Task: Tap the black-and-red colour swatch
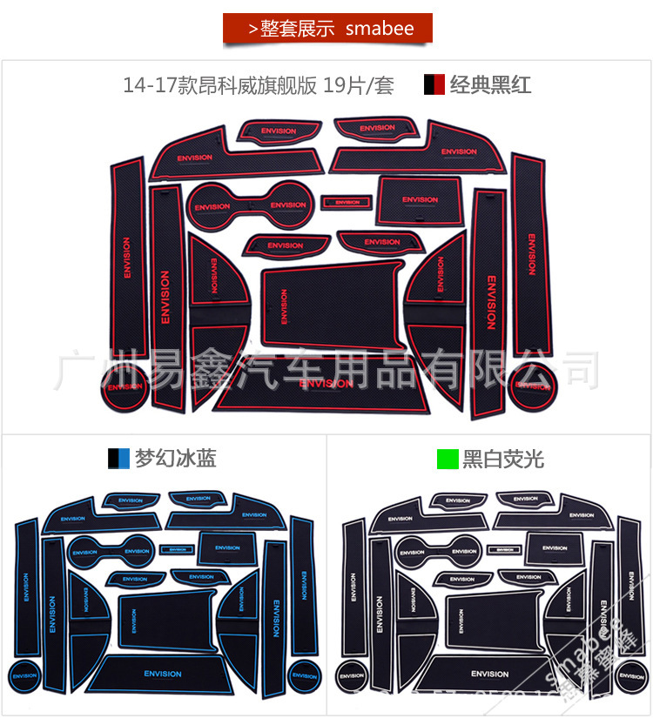[434, 84]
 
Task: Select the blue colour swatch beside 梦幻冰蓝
[118, 459]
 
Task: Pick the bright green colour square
[448, 459]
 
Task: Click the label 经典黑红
[490, 84]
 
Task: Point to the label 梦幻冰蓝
[175, 459]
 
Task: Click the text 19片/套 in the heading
[358, 85]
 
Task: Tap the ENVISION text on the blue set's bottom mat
[163, 674]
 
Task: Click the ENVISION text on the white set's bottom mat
[489, 674]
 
